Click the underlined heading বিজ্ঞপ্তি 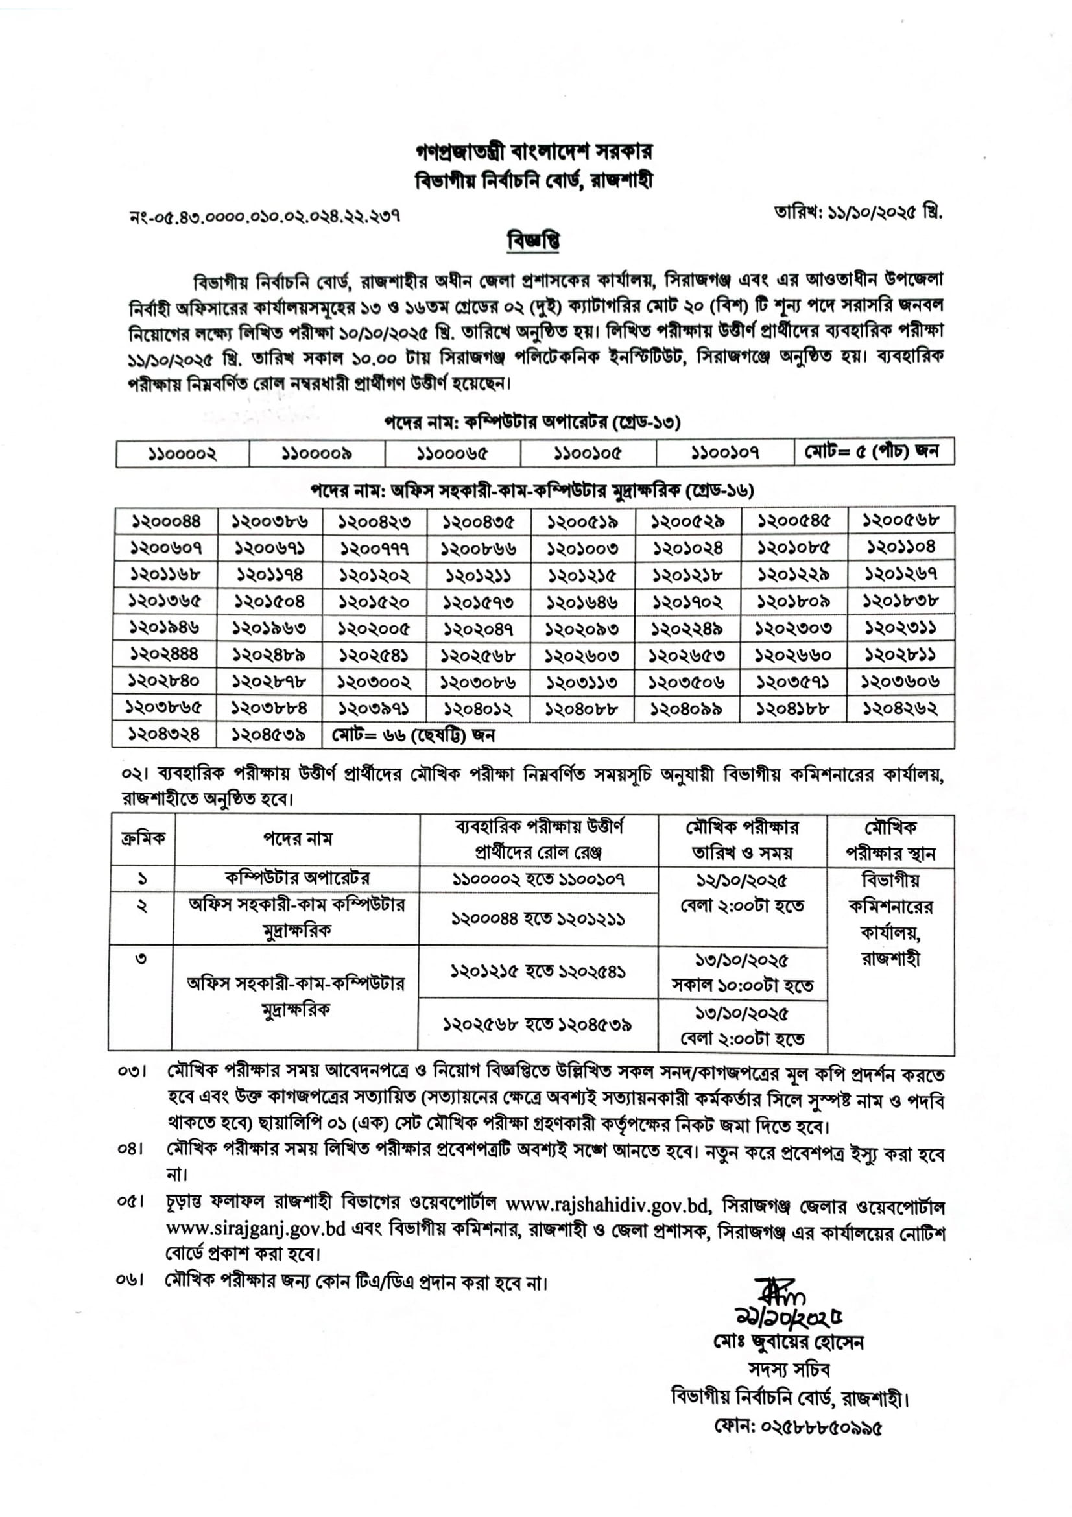point(534,241)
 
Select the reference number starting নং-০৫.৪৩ point(265,215)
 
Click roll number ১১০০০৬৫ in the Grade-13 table point(453,453)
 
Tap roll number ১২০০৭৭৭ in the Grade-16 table point(374,549)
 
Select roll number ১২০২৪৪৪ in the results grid point(164,654)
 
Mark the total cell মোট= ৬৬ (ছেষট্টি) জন point(414,735)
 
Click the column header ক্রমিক point(143,839)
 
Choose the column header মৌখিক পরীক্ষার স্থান point(890,840)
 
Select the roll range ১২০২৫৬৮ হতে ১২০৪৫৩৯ point(537,1025)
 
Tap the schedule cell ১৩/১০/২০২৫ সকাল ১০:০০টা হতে point(742,973)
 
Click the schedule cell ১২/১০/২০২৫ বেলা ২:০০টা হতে point(742,892)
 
